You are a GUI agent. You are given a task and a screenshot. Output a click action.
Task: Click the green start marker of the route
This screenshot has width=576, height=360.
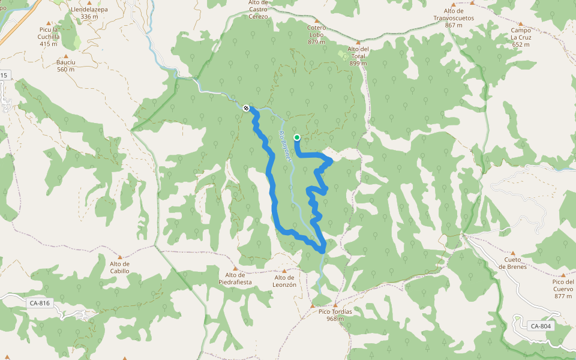click(297, 137)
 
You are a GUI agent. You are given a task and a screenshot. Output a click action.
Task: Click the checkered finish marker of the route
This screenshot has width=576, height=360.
click(246, 108)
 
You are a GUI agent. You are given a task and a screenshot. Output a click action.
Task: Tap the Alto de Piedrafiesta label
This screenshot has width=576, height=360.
click(235, 278)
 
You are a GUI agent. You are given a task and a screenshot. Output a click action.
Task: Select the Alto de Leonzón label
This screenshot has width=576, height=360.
click(285, 281)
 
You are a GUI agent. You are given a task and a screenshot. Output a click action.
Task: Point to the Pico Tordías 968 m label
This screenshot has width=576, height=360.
click(335, 315)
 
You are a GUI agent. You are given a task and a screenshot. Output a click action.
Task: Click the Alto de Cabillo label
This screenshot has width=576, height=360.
click(119, 267)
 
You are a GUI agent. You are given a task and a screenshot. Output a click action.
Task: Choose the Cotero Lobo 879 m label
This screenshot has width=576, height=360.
click(316, 34)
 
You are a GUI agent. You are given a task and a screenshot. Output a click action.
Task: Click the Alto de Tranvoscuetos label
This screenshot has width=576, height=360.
click(454, 14)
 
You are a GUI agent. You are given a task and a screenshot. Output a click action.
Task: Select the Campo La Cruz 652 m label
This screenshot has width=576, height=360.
click(521, 37)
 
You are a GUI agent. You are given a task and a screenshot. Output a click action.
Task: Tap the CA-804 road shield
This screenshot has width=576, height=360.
click(540, 326)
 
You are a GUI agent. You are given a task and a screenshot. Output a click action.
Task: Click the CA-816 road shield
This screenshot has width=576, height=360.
click(39, 303)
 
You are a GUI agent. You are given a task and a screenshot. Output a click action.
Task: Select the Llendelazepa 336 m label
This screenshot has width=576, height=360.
click(89, 13)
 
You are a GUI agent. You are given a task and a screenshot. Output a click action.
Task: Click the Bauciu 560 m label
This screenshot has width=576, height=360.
click(65, 65)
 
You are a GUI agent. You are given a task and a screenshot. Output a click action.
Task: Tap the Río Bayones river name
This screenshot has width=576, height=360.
click(287, 145)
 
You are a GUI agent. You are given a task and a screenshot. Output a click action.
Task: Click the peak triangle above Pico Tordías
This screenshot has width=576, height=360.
click(312, 306)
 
